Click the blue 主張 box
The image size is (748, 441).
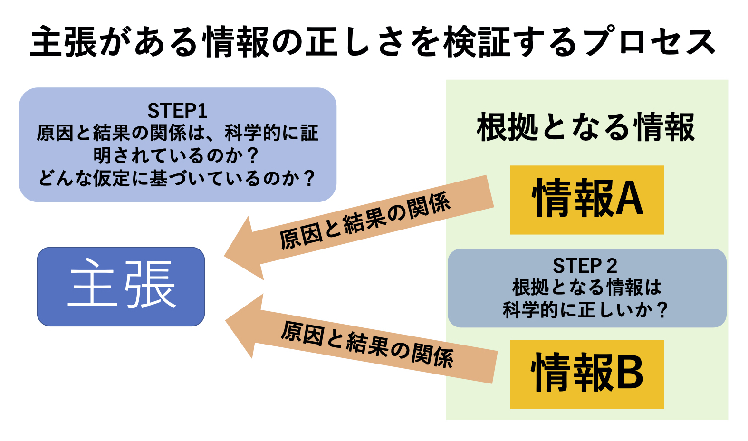(x=121, y=287)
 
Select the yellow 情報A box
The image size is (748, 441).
(x=587, y=200)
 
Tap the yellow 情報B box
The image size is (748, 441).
(x=587, y=374)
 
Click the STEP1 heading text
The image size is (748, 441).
(x=177, y=111)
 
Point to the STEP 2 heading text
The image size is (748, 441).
(x=585, y=266)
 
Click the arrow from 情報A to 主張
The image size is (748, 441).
(x=359, y=227)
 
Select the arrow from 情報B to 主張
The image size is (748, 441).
(x=361, y=338)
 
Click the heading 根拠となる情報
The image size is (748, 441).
(x=586, y=128)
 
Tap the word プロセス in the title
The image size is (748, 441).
(x=650, y=41)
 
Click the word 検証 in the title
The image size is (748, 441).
(x=478, y=41)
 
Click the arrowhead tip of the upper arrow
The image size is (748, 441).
(x=224, y=257)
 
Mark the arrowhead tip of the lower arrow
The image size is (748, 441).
(x=226, y=320)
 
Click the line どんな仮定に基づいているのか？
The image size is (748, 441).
(x=177, y=178)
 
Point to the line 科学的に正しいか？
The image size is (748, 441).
(x=585, y=309)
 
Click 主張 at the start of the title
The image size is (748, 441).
(x=64, y=41)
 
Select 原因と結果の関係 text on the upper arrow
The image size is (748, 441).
(x=365, y=221)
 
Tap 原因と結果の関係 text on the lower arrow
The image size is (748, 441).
(x=367, y=344)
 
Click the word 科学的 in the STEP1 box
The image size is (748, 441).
(x=253, y=133)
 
